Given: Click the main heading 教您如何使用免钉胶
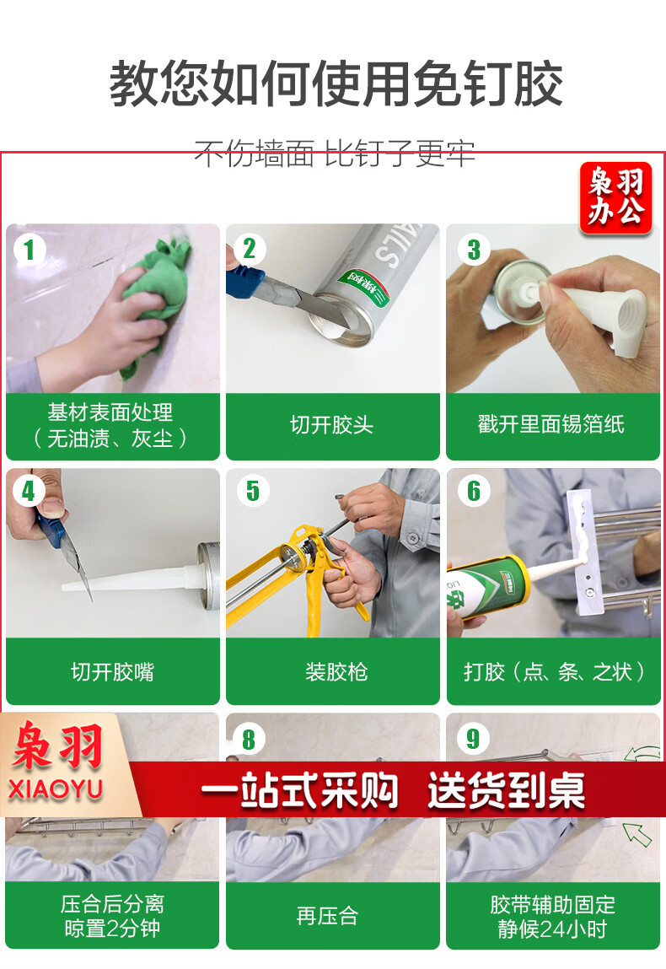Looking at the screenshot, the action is point(336,84).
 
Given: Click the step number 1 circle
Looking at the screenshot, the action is point(29,250).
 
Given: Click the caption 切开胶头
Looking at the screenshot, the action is point(332,425).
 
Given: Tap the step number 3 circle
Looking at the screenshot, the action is point(473,250).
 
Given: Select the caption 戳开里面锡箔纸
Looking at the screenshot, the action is point(551,424).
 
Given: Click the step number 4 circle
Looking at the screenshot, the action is point(29,492).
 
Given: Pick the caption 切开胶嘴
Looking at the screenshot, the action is point(112,672).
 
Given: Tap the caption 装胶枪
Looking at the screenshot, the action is point(336,672).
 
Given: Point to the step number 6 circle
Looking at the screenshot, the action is point(473,492).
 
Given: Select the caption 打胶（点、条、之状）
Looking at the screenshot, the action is point(554,672).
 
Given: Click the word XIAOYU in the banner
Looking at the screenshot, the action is point(55,789).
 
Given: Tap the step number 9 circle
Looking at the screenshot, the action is point(473,739).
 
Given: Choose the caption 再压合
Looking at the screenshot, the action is point(327,916).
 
